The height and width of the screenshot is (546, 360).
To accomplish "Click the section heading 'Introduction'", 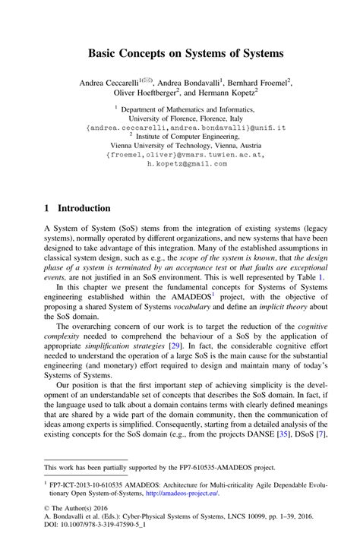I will point(84,208).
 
